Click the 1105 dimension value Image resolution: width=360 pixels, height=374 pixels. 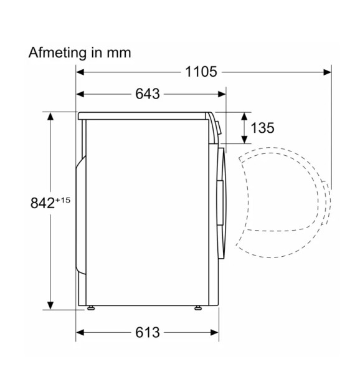[201, 72]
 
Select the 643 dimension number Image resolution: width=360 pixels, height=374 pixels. [148, 93]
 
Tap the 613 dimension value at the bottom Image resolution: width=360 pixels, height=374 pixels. [148, 332]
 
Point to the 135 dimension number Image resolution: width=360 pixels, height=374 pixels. [263, 128]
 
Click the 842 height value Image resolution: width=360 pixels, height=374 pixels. [42, 203]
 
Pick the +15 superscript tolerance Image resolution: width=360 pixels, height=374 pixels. [63, 200]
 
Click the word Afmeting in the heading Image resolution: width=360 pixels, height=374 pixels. [57, 53]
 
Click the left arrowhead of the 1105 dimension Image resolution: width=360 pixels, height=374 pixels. [80, 72]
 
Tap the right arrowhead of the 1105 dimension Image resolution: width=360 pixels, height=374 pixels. [327, 72]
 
